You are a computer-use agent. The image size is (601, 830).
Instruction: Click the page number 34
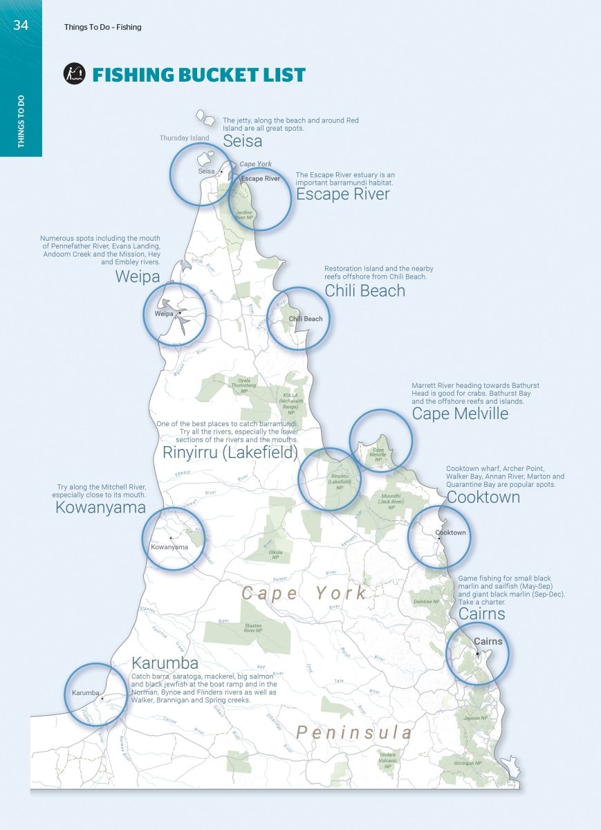(x=21, y=26)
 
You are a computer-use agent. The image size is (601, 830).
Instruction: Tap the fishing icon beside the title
(x=74, y=73)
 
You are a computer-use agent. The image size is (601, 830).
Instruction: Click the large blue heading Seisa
(x=242, y=141)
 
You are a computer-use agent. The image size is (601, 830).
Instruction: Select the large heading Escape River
(x=342, y=194)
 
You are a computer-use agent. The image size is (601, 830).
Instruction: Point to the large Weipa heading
(x=138, y=277)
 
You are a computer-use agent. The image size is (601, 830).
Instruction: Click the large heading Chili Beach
(x=364, y=290)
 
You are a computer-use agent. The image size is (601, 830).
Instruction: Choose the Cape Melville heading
(x=460, y=414)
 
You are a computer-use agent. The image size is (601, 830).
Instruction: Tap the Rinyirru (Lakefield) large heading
(x=230, y=453)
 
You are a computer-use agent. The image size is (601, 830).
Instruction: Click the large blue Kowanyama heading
(x=100, y=508)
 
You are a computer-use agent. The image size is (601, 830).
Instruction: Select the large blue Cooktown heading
(x=483, y=497)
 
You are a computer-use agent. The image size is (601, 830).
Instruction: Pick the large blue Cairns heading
(x=481, y=614)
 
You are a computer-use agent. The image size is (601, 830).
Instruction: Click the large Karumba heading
(x=165, y=664)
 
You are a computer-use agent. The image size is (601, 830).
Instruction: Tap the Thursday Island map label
(x=184, y=138)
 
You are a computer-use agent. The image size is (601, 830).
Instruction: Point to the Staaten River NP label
(x=252, y=628)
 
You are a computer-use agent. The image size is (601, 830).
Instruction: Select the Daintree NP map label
(x=426, y=602)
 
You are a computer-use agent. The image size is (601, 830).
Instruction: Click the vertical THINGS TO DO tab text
(x=21, y=124)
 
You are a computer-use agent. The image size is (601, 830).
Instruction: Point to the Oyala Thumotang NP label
(x=243, y=385)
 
